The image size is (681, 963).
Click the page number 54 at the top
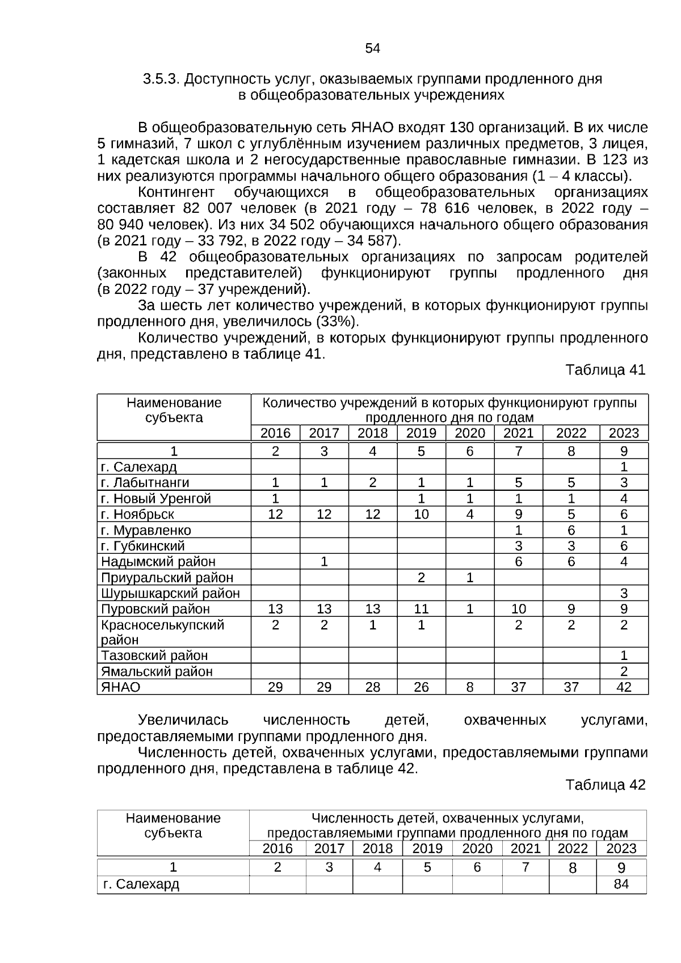372,48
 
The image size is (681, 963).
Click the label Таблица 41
605,370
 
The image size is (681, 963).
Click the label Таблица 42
605,785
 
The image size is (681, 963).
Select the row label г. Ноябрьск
137,514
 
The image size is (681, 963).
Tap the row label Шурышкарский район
170,593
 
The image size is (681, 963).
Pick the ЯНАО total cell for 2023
623,687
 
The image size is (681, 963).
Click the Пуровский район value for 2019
421,609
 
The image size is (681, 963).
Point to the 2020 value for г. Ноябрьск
470,514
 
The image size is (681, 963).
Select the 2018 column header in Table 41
372,433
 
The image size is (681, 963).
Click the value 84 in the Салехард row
621,884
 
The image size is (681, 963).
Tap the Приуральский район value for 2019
421,577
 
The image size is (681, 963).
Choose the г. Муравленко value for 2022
571,530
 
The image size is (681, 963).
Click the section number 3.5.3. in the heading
161,79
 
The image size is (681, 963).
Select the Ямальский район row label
157,671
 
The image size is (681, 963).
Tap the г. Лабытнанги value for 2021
518,482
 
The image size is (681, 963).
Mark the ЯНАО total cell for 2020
470,687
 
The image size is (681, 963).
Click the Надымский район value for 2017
323,561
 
